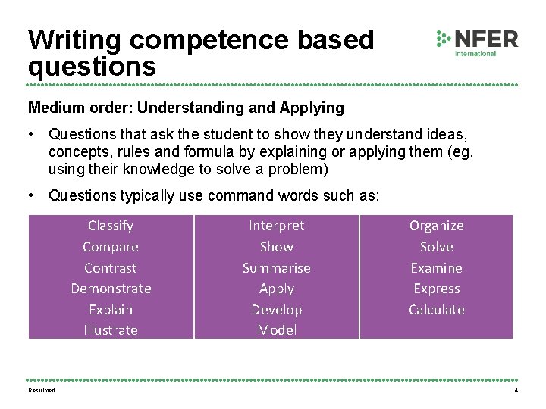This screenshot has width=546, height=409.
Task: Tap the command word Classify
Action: point(111,226)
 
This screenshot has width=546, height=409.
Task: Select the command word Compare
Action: point(111,247)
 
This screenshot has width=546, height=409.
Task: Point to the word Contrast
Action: point(111,268)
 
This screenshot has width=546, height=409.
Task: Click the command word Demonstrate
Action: point(111,289)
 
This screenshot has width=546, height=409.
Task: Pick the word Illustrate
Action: point(111,330)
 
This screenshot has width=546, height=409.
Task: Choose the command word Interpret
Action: point(277,226)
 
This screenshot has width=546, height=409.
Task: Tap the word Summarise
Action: point(277,268)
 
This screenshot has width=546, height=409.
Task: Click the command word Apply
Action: point(277,289)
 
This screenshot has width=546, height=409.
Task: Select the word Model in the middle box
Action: point(277,330)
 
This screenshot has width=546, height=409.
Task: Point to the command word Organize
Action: point(437,226)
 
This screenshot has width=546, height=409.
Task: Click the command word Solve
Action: point(437,247)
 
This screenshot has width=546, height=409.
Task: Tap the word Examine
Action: point(437,268)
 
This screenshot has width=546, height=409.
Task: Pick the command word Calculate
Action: point(437,310)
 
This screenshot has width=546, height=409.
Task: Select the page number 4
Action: point(516,390)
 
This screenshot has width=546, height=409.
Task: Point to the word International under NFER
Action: point(475,54)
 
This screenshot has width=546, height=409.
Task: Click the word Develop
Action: point(277,310)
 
